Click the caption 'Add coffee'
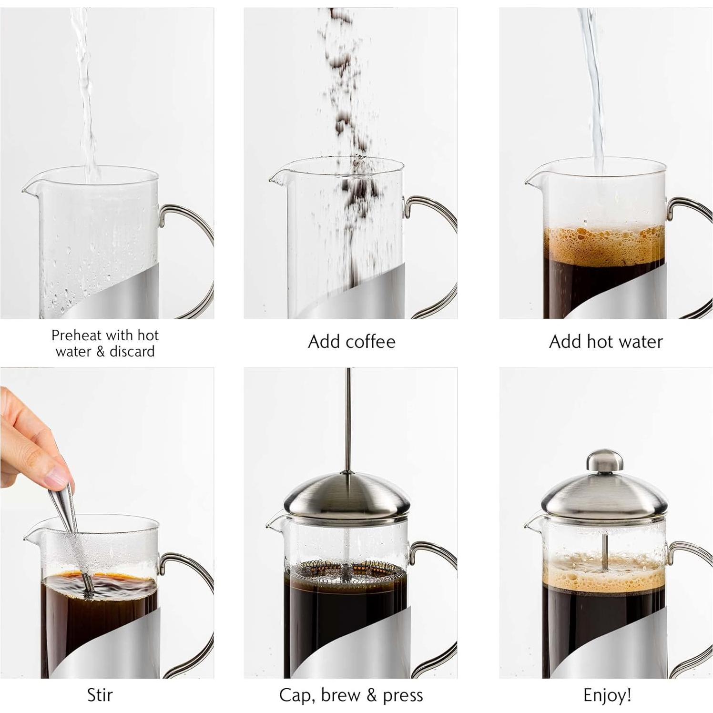tap(352, 342)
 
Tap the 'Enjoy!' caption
tap(607, 695)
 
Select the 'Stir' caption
tap(100, 695)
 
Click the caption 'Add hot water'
tap(606, 342)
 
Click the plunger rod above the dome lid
tap(349, 419)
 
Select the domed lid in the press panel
tap(347, 496)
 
